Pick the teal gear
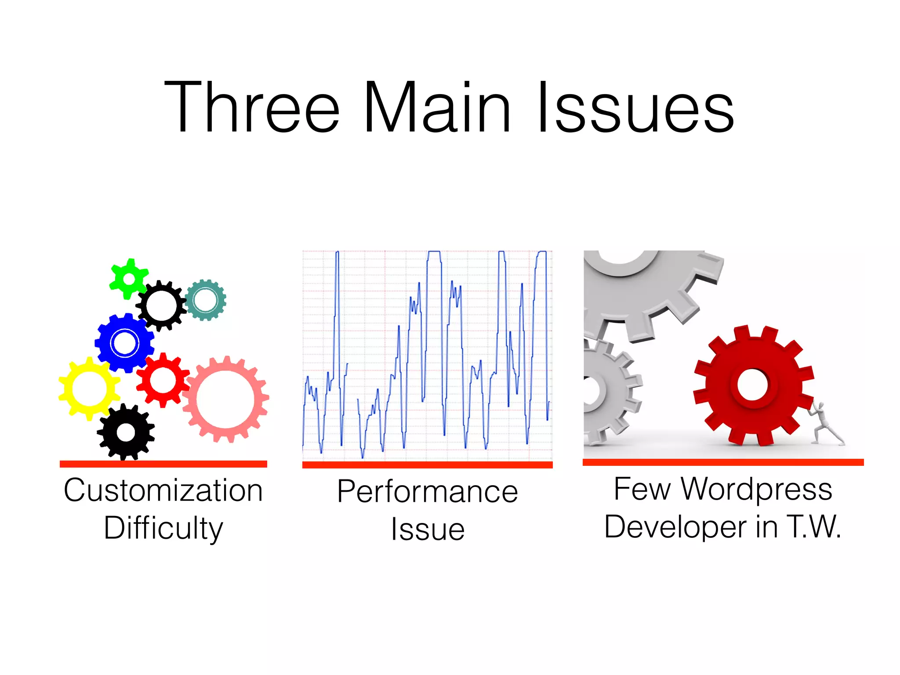(205, 300)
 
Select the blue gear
(125, 343)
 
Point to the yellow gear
(89, 388)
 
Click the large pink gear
(225, 399)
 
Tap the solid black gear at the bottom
(126, 432)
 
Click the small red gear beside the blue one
(163, 380)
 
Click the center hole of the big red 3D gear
(752, 385)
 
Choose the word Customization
(163, 490)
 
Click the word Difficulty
(163, 528)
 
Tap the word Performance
(428, 491)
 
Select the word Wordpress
(756, 489)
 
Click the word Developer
(675, 526)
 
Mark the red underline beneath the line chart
(427, 465)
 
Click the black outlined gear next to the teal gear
(160, 306)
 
